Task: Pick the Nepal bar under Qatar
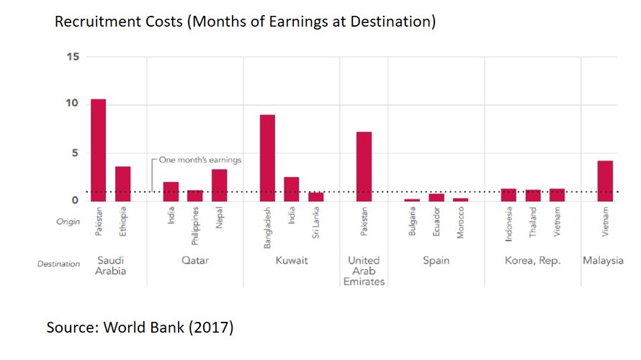click(219, 185)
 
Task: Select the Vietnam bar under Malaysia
click(605, 181)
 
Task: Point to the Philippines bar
click(194, 195)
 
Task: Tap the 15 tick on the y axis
click(71, 57)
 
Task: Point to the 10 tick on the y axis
click(71, 104)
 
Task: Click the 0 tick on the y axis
click(74, 200)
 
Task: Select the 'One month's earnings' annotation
click(200, 160)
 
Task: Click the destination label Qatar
click(195, 261)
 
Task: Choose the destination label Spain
click(436, 261)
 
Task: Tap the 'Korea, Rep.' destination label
click(532, 261)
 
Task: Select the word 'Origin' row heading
click(68, 222)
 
